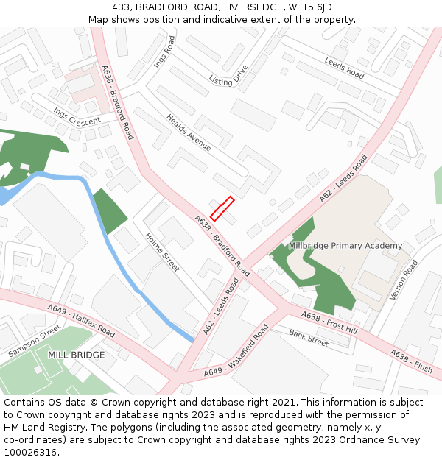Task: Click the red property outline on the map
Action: coord(222,208)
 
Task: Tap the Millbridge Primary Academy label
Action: coord(345,246)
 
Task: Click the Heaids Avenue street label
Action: coord(189,132)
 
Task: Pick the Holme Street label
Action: coord(162,252)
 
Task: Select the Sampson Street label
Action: coord(34,342)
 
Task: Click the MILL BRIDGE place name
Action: coord(76,355)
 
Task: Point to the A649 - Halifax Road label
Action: coord(81,322)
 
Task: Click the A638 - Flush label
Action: coord(411,361)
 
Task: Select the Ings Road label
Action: coord(164,52)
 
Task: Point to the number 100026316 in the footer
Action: coord(29,453)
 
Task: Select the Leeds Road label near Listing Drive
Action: coord(344,68)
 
